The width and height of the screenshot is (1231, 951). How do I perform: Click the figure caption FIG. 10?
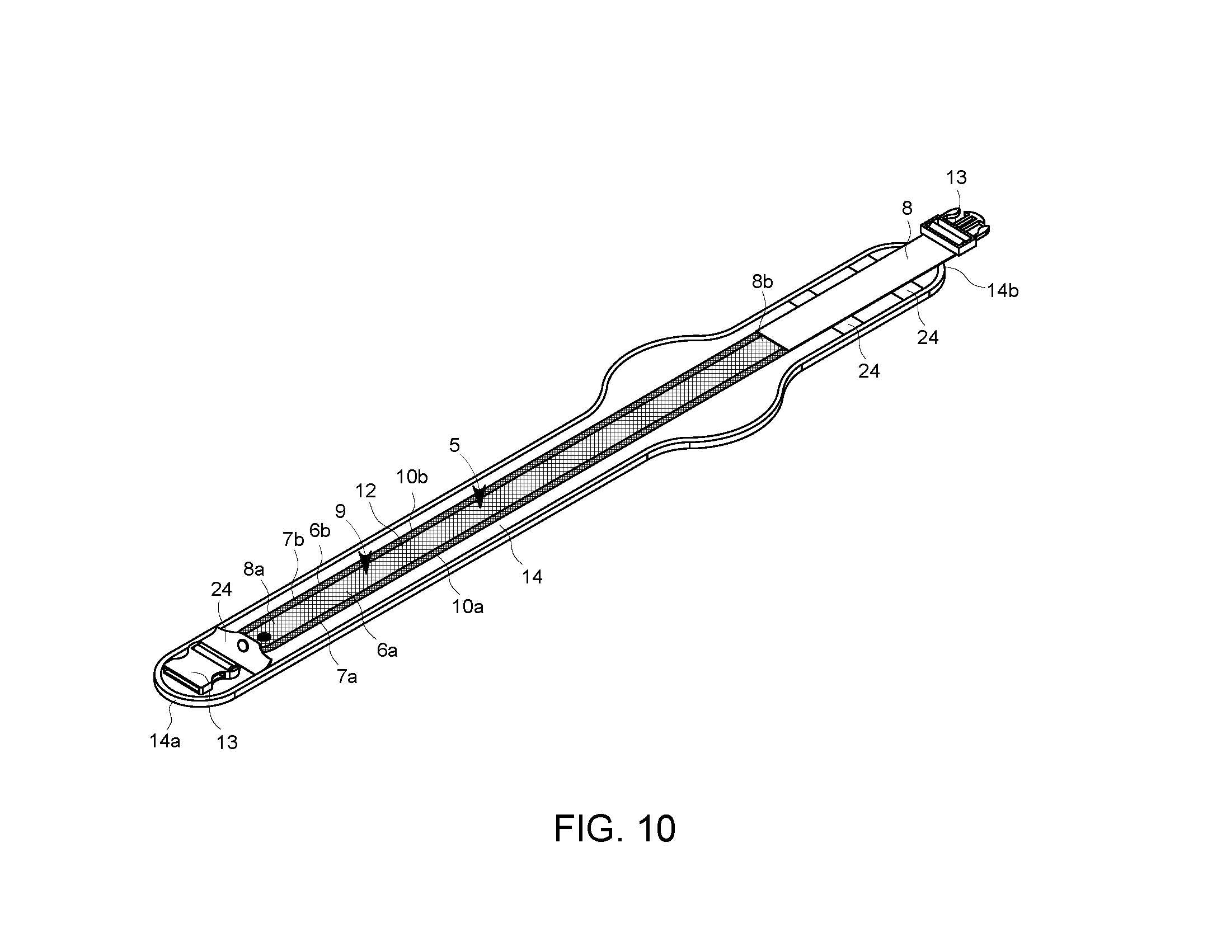pos(614,828)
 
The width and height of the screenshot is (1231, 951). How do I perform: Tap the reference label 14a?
pos(165,741)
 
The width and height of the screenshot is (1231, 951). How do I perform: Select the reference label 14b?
pos(1002,291)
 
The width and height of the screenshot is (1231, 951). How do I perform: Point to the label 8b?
pos(762,282)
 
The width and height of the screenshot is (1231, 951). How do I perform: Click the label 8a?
pos(253,569)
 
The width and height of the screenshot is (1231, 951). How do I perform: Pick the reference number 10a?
pos(467,607)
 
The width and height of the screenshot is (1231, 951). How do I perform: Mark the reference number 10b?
pos(411,477)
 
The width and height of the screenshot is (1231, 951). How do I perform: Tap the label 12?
pos(365,491)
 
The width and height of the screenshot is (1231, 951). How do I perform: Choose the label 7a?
pos(347,677)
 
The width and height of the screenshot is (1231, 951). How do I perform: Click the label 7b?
pos(293,540)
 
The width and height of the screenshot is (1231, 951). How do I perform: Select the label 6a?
pos(387,651)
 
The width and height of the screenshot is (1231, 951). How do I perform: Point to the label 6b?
pos(320,531)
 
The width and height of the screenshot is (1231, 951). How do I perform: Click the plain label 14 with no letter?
pos(532,576)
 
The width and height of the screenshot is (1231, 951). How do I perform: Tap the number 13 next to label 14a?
pos(227,742)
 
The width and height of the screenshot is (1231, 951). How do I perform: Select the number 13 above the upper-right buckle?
pos(956,177)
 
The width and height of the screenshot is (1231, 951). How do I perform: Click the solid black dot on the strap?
pos(263,637)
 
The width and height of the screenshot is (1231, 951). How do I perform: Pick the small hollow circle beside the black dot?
pos(243,644)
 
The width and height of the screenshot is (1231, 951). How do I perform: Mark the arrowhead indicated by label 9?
pos(367,562)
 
